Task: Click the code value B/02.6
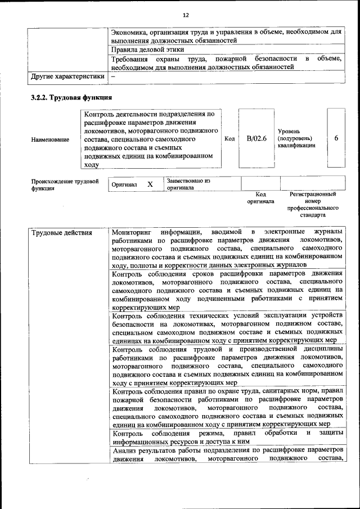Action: pos(256,138)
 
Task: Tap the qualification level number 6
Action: pos(336,138)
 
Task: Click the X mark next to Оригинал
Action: pos(150,184)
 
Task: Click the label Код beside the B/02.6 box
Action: pos(229,138)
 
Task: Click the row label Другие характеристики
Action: pos(67,75)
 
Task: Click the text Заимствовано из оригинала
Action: pos(187,184)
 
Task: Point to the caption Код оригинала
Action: pos(260,197)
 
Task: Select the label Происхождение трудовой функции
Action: pos(65,184)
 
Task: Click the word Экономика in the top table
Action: pos(130,31)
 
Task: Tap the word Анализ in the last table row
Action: pos(124,451)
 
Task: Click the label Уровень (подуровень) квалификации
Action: pos(296,138)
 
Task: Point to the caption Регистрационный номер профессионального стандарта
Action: pos(313,204)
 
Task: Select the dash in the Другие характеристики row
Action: pos(114,75)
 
